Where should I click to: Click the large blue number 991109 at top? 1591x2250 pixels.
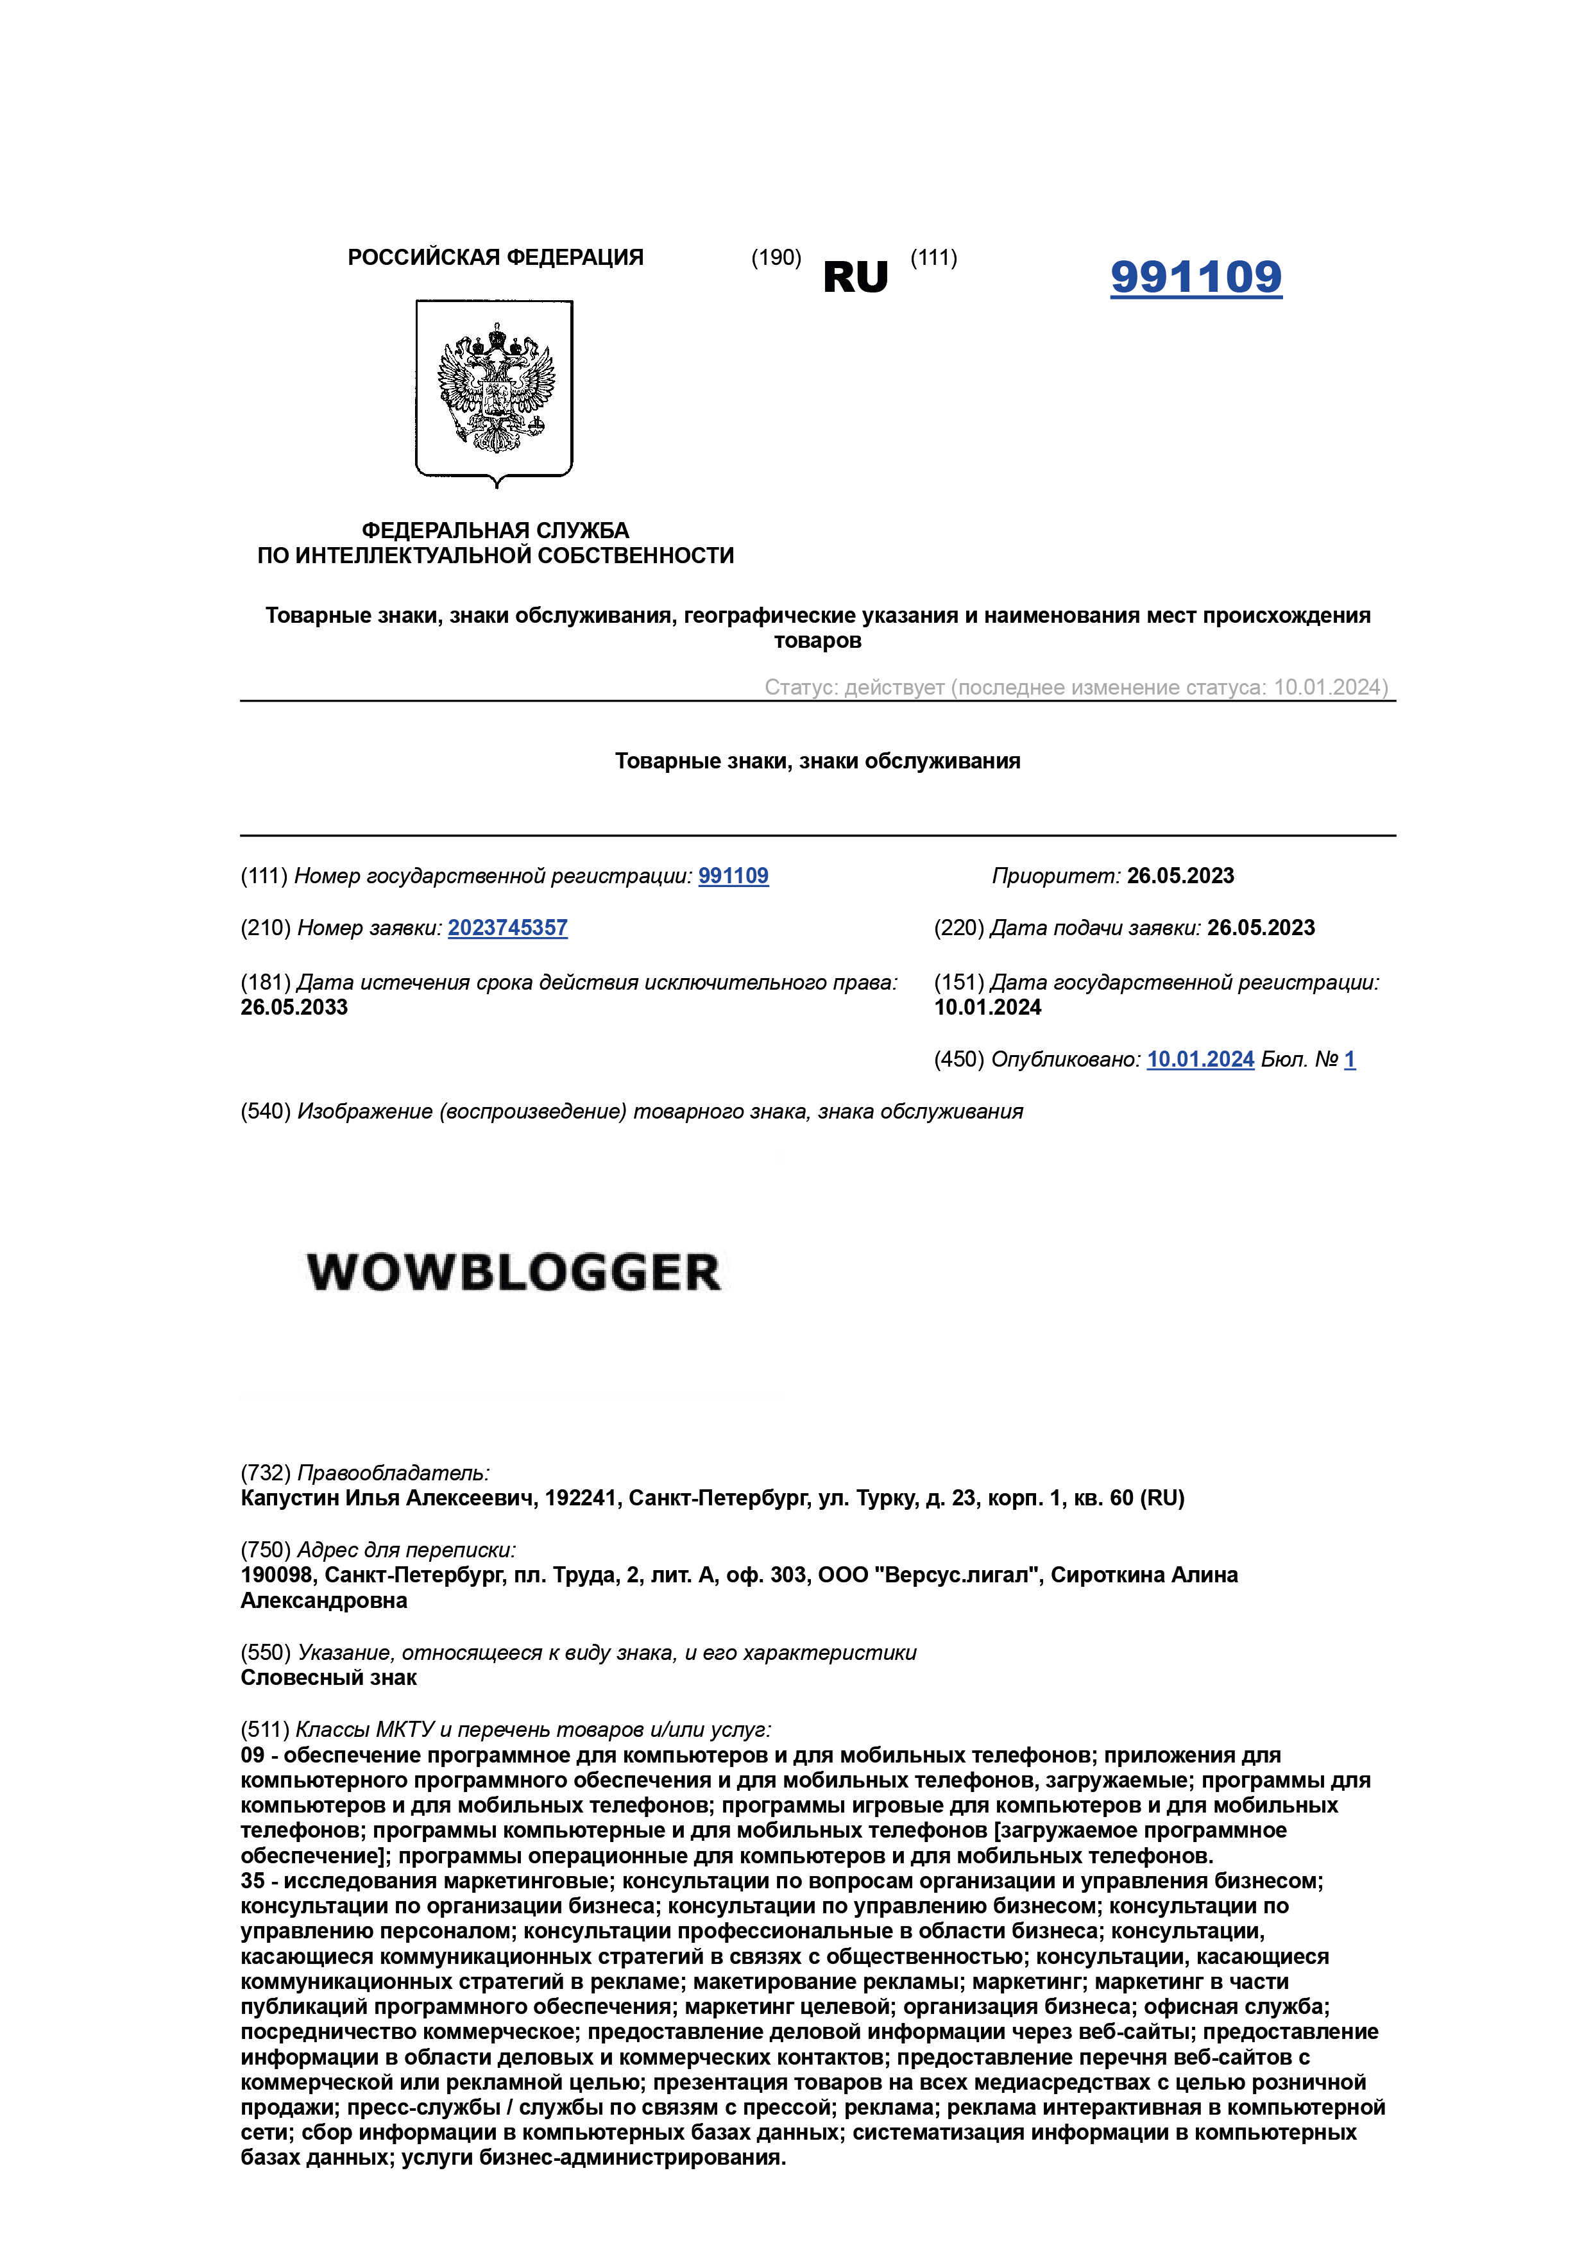click(1195, 277)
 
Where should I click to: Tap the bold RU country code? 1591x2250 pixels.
click(855, 278)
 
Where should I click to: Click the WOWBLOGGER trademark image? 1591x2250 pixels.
click(514, 1272)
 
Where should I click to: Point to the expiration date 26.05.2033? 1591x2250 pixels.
click(294, 1008)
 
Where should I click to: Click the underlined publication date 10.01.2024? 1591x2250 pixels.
click(1200, 1060)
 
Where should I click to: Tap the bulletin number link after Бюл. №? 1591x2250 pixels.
click(1349, 1060)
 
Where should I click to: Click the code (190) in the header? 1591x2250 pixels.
click(776, 258)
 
